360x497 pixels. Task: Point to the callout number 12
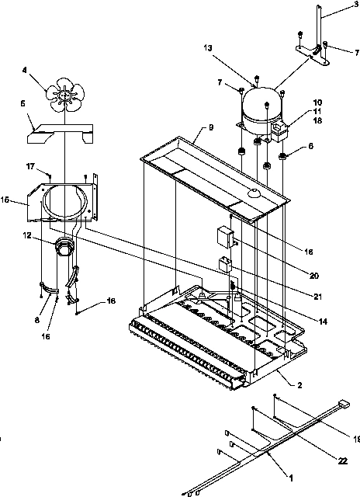27,235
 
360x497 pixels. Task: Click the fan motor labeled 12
63,248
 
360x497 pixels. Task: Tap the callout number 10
317,103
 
